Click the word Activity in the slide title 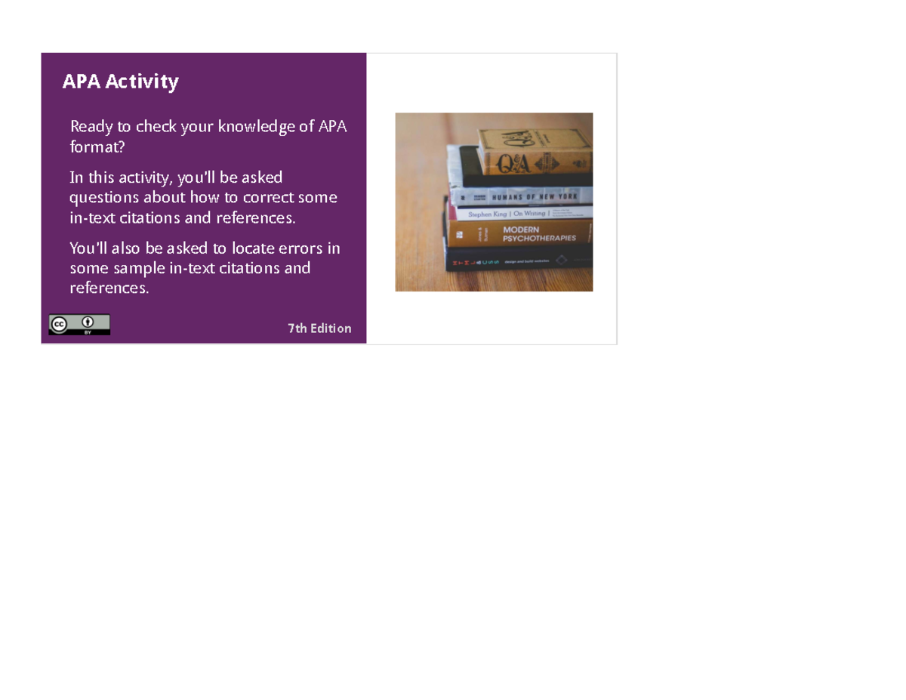(142, 82)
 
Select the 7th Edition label (319, 328)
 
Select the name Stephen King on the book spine (488, 214)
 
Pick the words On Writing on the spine (532, 214)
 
